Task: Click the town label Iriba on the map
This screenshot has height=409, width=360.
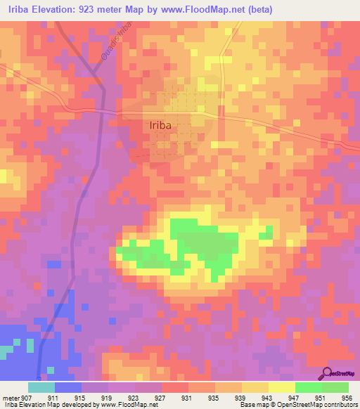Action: pyautogui.click(x=160, y=126)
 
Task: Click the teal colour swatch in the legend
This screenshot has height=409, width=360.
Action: pyautogui.click(x=41, y=387)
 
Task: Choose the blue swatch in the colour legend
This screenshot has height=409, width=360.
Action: pyautogui.click(x=68, y=387)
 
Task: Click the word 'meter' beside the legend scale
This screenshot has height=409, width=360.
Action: pyautogui.click(x=11, y=398)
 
